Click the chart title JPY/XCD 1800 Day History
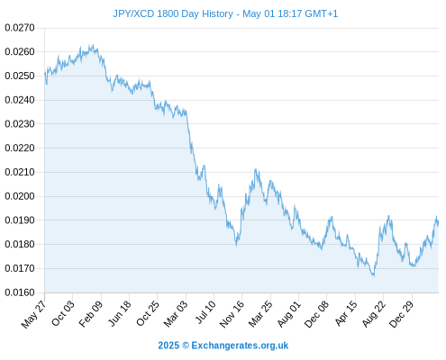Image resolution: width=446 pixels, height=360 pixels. (x=173, y=13)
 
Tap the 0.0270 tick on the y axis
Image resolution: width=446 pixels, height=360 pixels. (x=20, y=28)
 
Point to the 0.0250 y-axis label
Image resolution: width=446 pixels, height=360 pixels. (x=20, y=76)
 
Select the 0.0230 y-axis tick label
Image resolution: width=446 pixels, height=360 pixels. (x=20, y=124)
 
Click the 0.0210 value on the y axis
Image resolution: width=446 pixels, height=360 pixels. (x=20, y=172)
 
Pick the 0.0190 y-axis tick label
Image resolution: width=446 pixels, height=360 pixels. (x=20, y=220)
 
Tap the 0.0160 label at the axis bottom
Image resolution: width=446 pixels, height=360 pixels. (x=20, y=292)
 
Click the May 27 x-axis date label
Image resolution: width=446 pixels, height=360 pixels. (x=33, y=314)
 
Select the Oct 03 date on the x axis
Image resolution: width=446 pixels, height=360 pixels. (x=62, y=313)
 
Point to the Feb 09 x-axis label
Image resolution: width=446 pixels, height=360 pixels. (x=90, y=313)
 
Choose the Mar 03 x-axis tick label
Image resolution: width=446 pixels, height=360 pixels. (x=176, y=313)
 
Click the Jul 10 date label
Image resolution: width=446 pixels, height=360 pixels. (x=205, y=312)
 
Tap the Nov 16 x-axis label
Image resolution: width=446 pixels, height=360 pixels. (x=232, y=314)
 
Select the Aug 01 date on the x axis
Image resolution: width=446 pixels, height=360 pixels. (x=288, y=314)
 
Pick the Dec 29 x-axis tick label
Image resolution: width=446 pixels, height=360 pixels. (x=401, y=314)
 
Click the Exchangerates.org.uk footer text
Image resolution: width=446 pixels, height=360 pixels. (x=240, y=346)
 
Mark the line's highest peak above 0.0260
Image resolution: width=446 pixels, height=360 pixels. (x=93, y=45)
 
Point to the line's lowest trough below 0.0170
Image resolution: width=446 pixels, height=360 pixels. (x=373, y=275)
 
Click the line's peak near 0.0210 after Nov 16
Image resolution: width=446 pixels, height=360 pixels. (x=255, y=169)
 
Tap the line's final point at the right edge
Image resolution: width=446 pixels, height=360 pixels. (x=438, y=223)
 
